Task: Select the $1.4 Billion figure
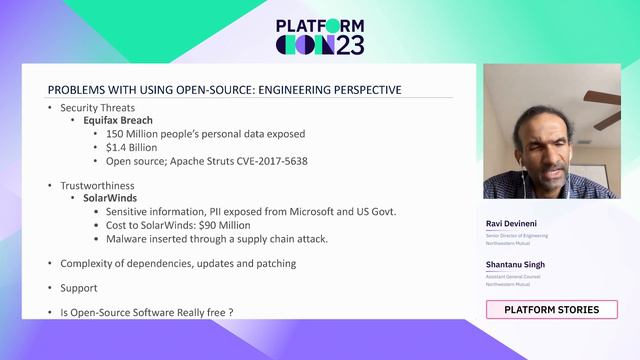tap(131, 147)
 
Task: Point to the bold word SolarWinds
tap(110, 198)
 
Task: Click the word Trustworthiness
tap(97, 185)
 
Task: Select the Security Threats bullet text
tap(97, 107)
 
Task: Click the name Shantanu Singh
tap(515, 264)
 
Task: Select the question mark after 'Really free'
tap(230, 313)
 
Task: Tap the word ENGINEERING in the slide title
tap(289, 90)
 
